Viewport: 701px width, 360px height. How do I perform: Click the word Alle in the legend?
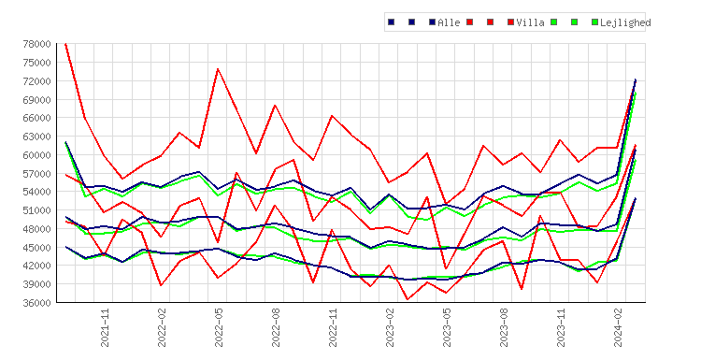(449, 22)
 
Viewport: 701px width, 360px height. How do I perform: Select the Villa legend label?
(530, 22)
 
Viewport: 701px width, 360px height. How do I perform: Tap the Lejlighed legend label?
(625, 22)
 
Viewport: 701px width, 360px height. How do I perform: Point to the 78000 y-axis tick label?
(37, 44)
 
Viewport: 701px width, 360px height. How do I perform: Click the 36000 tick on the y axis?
(37, 303)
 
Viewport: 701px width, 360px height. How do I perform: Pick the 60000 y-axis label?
(37, 154)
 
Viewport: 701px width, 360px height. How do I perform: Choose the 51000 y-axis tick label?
(37, 210)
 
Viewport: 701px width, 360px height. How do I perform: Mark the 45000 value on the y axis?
(37, 247)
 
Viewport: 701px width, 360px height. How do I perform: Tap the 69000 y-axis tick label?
(37, 99)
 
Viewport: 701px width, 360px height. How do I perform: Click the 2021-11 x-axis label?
(105, 327)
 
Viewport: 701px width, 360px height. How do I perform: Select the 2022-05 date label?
(219, 327)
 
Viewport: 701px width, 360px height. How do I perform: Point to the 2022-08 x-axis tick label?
(276, 327)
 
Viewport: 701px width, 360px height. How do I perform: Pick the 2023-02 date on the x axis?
(390, 327)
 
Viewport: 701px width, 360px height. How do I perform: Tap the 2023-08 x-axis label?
(504, 327)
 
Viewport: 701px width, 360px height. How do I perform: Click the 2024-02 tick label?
(618, 327)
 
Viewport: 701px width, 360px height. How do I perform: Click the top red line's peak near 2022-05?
(218, 69)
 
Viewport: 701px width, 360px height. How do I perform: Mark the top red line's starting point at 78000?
(65, 44)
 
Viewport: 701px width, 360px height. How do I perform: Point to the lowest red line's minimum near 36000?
(408, 299)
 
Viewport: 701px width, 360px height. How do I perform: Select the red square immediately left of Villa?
(510, 22)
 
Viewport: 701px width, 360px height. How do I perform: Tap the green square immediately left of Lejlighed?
(594, 22)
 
